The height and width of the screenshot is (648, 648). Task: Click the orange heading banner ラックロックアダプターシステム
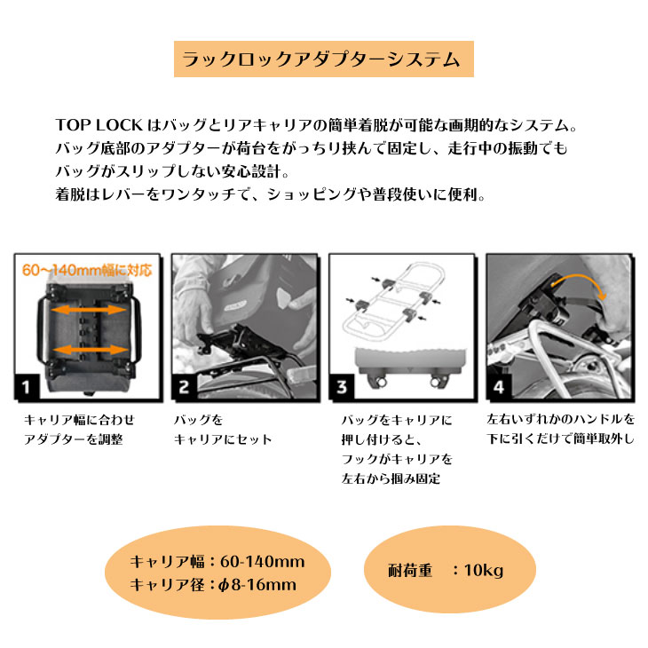click(321, 60)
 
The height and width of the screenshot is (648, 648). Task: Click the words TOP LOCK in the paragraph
click(91, 126)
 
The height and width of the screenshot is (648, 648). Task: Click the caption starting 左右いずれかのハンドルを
click(561, 429)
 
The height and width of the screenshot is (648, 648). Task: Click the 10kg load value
click(483, 570)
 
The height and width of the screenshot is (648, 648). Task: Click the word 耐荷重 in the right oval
click(411, 570)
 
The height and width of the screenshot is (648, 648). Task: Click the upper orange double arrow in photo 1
click(85, 312)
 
